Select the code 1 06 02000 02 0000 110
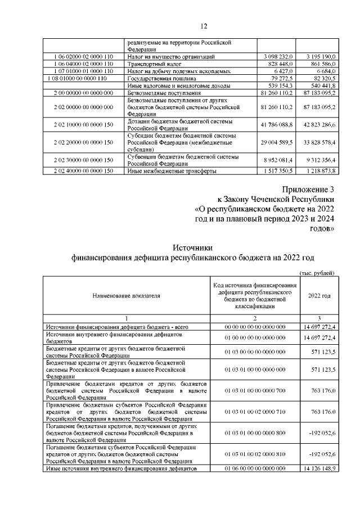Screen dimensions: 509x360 coord(84,57)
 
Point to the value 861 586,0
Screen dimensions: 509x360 coord(318,65)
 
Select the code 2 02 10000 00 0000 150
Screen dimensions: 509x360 coord(84,123)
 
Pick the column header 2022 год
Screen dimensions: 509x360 coord(319,295)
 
